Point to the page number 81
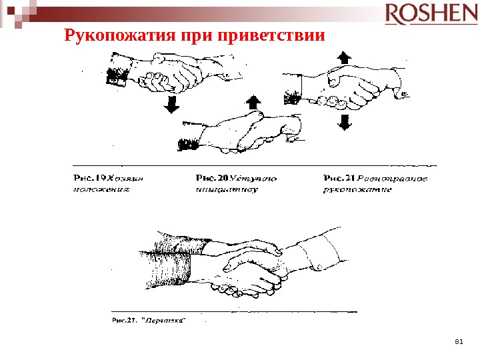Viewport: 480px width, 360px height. pyautogui.click(x=458, y=341)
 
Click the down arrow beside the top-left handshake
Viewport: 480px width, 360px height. pyautogui.click(x=171, y=103)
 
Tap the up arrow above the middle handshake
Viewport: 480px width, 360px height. pyautogui.click(x=253, y=102)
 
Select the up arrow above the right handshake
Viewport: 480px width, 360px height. pyautogui.click(x=344, y=57)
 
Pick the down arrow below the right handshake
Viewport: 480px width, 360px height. pyautogui.click(x=345, y=121)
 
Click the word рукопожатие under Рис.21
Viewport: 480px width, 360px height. pyautogui.click(x=357, y=189)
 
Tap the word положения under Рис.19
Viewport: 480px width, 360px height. pyautogui.click(x=99, y=189)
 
